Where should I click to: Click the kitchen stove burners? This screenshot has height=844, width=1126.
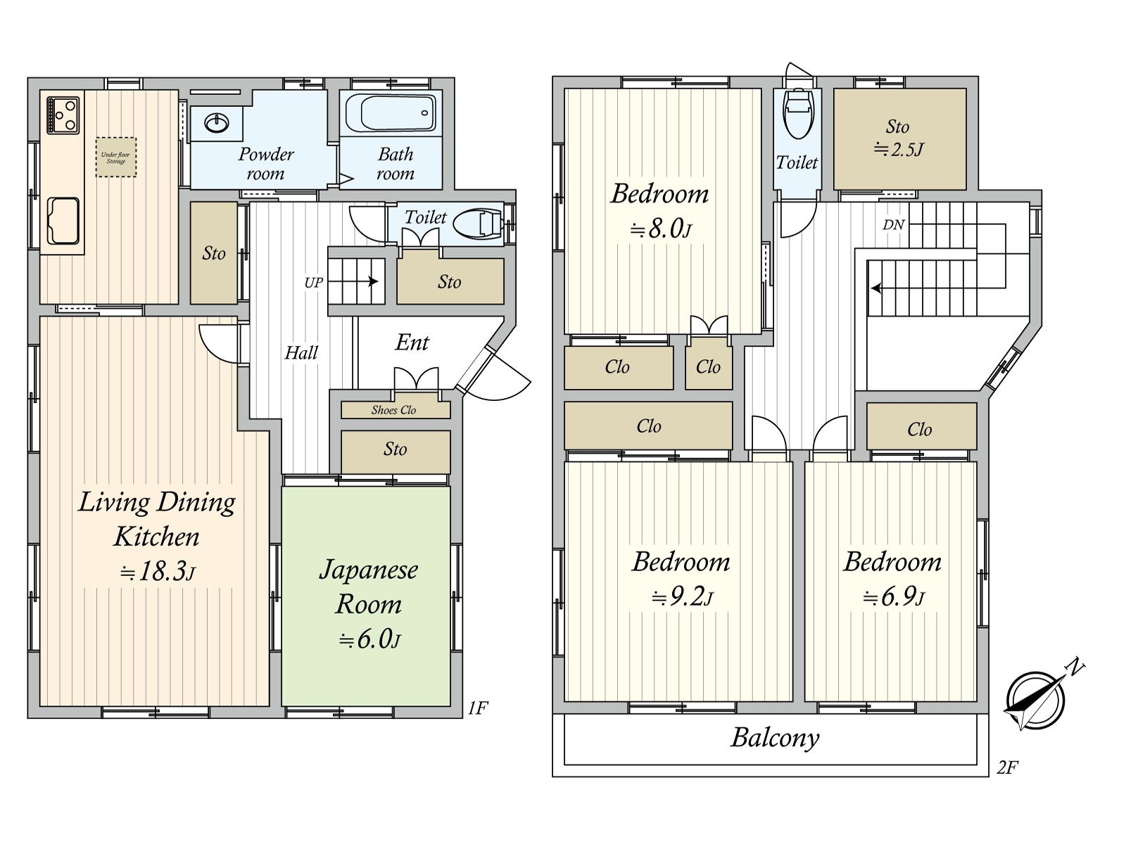coord(63,115)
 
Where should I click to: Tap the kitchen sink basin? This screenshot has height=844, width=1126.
coord(63,221)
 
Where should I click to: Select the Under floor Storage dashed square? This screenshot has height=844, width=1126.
coord(116,158)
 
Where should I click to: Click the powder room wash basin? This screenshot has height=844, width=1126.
coord(217,123)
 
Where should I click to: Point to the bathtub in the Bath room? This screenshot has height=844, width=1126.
coord(390,113)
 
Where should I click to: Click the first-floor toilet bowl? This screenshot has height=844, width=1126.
coord(477,224)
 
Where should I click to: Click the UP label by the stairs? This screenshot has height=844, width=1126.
coord(314,282)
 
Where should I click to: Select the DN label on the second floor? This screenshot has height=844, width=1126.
coord(893,224)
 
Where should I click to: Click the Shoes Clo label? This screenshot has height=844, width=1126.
coord(393,410)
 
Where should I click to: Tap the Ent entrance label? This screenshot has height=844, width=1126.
coord(412,343)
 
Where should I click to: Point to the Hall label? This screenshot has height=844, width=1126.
coord(301,352)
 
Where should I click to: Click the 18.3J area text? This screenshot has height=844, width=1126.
coord(158,572)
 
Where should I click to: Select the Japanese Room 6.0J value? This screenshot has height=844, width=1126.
coord(369,639)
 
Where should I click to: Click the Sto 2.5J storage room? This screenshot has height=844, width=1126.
coord(900,139)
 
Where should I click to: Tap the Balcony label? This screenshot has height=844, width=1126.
coord(775,738)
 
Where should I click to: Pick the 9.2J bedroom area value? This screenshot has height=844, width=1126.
coord(682,598)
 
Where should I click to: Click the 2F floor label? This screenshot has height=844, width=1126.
coord(1007,767)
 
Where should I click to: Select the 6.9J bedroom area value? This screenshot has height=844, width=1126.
coord(894,598)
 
